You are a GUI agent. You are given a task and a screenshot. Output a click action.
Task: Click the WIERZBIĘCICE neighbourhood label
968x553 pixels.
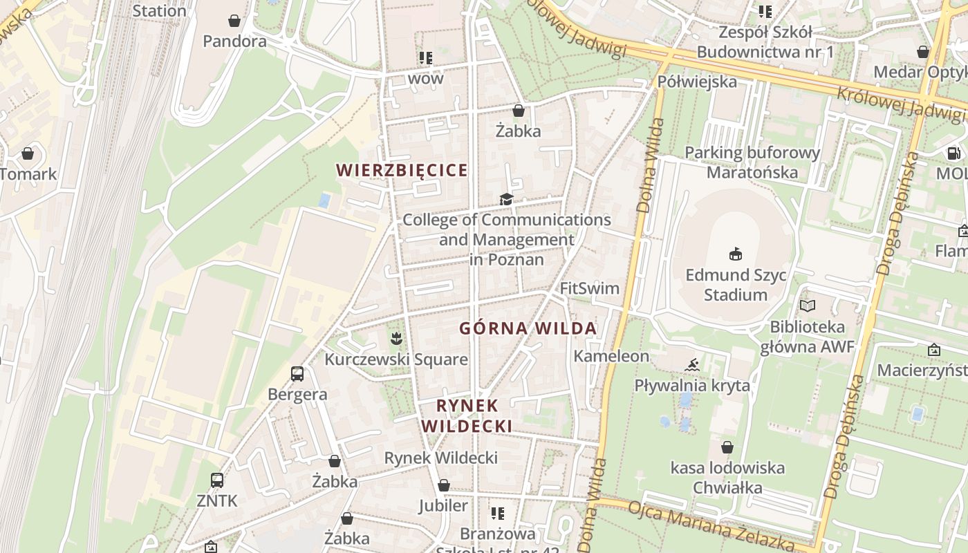click(x=402, y=170)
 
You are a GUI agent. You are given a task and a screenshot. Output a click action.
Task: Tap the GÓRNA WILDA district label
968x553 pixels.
click(x=528, y=328)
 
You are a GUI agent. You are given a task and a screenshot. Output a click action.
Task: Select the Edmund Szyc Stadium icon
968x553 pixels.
click(x=736, y=254)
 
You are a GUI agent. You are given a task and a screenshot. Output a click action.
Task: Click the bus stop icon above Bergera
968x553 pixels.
click(x=297, y=374)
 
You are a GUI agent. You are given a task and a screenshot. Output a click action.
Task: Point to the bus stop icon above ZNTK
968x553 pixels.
click(x=216, y=480)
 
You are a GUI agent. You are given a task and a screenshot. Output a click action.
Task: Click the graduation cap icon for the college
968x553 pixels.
click(x=507, y=199)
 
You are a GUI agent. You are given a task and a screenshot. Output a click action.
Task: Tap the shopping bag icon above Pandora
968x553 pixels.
click(x=234, y=21)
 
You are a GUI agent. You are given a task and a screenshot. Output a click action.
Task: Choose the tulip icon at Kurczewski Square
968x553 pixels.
click(x=395, y=339)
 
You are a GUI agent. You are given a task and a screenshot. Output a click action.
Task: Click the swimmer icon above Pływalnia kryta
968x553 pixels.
click(x=692, y=364)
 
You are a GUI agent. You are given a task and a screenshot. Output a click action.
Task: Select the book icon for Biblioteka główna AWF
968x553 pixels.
click(x=807, y=306)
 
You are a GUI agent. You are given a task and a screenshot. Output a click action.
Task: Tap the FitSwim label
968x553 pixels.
click(x=590, y=288)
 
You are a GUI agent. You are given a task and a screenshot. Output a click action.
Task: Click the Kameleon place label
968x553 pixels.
click(x=611, y=356)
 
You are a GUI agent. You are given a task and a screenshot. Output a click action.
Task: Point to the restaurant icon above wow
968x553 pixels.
click(x=425, y=58)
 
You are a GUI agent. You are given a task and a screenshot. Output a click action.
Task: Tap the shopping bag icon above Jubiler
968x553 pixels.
click(x=444, y=486)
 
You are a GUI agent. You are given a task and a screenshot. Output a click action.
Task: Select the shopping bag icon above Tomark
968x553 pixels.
click(x=28, y=153)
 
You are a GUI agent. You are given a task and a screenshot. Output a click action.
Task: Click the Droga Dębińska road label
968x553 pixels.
click(x=897, y=214)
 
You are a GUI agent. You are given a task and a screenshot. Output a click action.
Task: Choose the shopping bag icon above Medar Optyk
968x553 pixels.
click(x=922, y=52)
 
